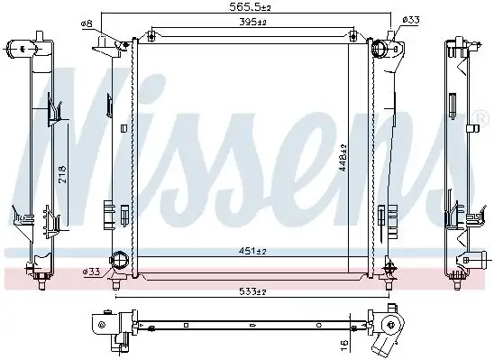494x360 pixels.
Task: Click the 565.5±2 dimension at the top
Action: tap(250, 7)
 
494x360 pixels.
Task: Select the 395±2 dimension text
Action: tap(253, 22)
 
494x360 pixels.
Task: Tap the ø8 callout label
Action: tap(87, 24)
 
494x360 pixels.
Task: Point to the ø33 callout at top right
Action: tap(411, 20)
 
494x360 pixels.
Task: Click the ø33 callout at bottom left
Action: tap(91, 272)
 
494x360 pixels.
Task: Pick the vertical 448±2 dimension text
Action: tap(343, 158)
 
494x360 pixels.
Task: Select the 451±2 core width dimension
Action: tap(252, 251)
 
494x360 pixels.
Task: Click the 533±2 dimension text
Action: tap(252, 292)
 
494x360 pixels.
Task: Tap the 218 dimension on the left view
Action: tap(62, 174)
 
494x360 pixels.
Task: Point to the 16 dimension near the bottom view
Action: tap(344, 344)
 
